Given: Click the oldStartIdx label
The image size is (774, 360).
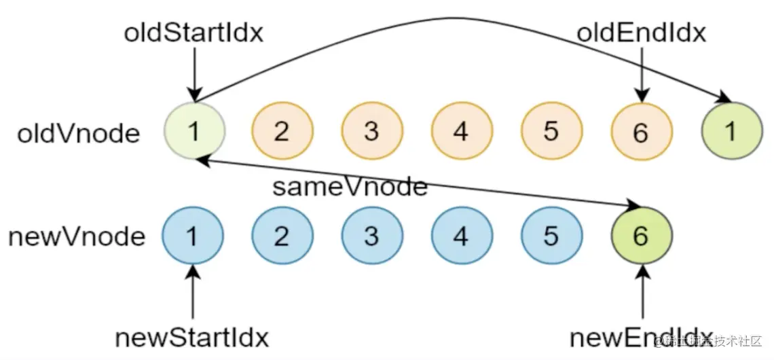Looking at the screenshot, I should pos(193,33).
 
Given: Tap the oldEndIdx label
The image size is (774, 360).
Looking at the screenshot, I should pos(641,33).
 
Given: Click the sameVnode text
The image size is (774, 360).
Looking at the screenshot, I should pos(350,187).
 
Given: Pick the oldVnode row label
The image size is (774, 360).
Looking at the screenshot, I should pos(78,132).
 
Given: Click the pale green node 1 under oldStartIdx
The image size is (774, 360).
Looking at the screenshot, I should pos(193,131).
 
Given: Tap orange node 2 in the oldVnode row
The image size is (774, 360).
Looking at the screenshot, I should pos(282,131).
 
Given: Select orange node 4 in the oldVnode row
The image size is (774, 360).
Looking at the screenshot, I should pos(461,131).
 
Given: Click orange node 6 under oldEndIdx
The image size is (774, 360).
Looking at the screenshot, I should pos(641,132).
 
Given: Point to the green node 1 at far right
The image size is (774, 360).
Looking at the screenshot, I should pos(731,131).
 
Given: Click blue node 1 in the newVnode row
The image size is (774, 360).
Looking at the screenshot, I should pos(193,236).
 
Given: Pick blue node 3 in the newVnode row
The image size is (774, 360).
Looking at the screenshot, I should pos(371,236).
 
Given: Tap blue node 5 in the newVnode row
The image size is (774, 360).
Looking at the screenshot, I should pos(551,236).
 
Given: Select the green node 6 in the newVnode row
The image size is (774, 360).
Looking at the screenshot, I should pos(641,236).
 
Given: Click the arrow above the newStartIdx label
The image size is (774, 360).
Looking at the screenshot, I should pos(193,292).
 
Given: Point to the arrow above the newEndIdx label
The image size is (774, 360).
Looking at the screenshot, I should pos(641,292).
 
